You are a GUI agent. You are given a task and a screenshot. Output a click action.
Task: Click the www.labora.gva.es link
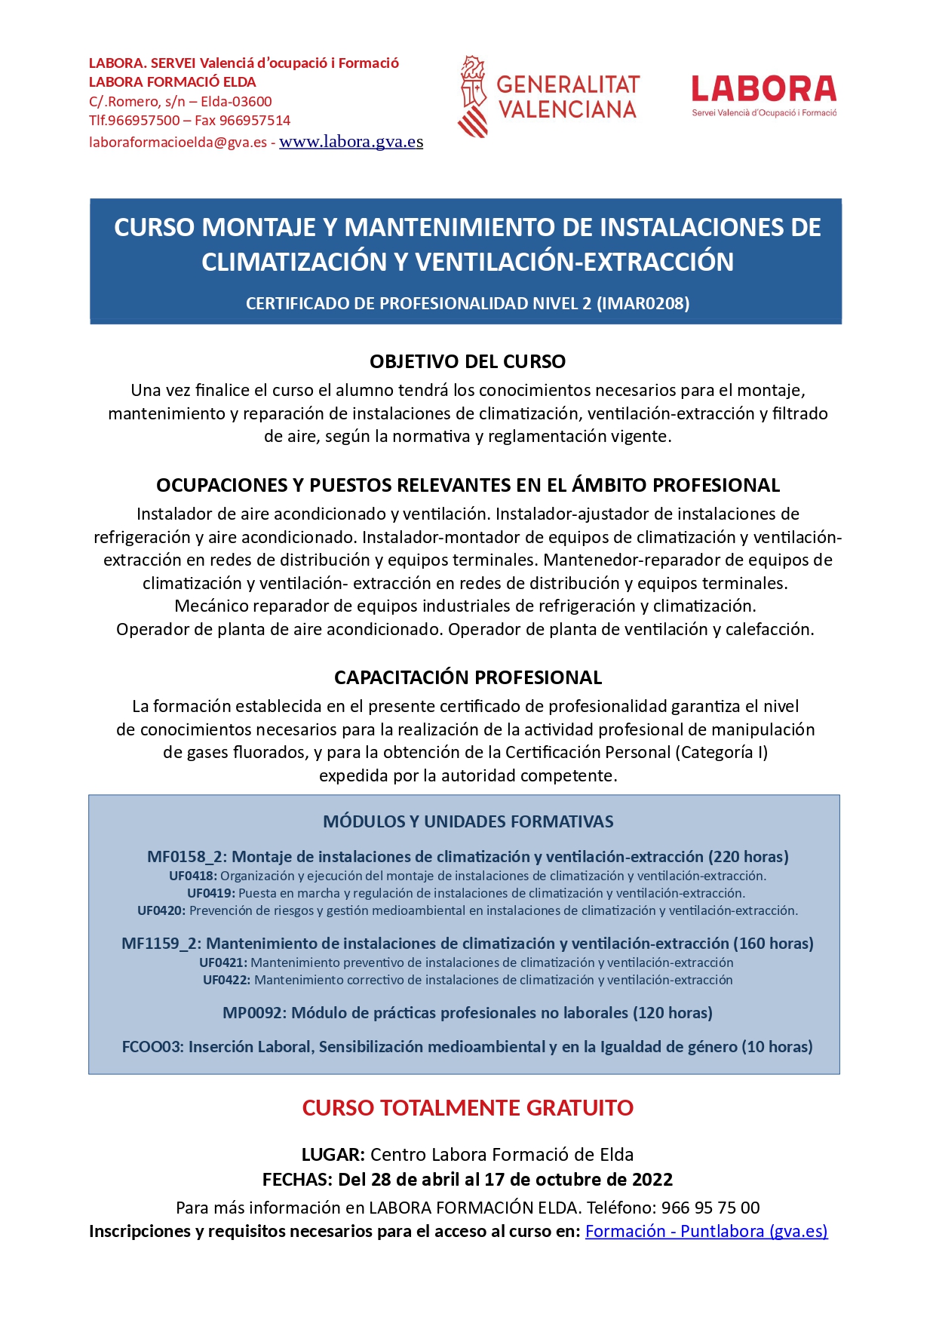pyautogui.click(x=351, y=142)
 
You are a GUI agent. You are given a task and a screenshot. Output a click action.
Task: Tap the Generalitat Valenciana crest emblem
pyautogui.click(x=473, y=96)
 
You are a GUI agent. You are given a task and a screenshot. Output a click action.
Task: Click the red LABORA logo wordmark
pyautogui.click(x=763, y=89)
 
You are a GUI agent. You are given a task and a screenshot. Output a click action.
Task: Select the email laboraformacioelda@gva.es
pyautogui.click(x=178, y=143)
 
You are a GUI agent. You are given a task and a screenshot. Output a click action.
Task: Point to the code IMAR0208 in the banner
pyautogui.click(x=643, y=303)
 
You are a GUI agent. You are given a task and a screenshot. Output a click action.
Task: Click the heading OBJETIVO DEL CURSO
pyautogui.click(x=468, y=361)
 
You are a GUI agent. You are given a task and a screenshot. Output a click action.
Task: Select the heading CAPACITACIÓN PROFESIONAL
pyautogui.click(x=468, y=677)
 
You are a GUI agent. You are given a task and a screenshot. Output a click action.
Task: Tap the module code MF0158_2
pyautogui.click(x=186, y=857)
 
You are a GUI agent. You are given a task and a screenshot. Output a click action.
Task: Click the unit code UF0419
pyautogui.click(x=211, y=893)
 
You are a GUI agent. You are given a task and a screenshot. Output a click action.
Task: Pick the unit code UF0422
pyautogui.click(x=227, y=980)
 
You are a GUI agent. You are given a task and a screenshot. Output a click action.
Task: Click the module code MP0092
pyautogui.click(x=254, y=1013)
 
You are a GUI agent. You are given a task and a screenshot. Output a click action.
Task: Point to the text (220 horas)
pyautogui.click(x=748, y=857)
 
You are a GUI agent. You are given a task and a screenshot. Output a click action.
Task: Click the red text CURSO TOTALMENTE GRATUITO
pyautogui.click(x=468, y=1108)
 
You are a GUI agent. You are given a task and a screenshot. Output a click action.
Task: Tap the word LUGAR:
pyautogui.click(x=333, y=1155)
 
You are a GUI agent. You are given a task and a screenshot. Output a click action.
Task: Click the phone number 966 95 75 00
pyautogui.click(x=710, y=1208)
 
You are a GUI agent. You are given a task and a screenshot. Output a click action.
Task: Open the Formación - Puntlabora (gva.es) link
pyautogui.click(x=706, y=1231)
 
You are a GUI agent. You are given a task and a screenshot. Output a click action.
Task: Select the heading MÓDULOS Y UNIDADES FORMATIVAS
pyautogui.click(x=468, y=821)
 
